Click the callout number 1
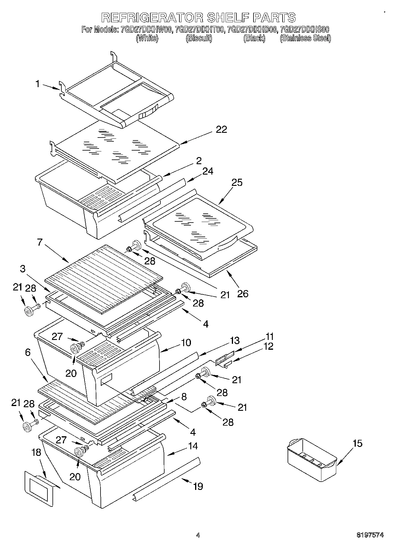(x=38, y=84)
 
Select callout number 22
(x=221, y=130)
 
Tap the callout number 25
(x=237, y=183)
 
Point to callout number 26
(x=243, y=294)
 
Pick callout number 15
(x=358, y=443)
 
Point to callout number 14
(x=193, y=446)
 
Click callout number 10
(x=186, y=343)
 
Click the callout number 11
(x=270, y=337)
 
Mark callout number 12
(x=268, y=346)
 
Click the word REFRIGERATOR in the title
(x=152, y=18)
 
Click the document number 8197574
(x=370, y=535)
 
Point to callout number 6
(x=28, y=352)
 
